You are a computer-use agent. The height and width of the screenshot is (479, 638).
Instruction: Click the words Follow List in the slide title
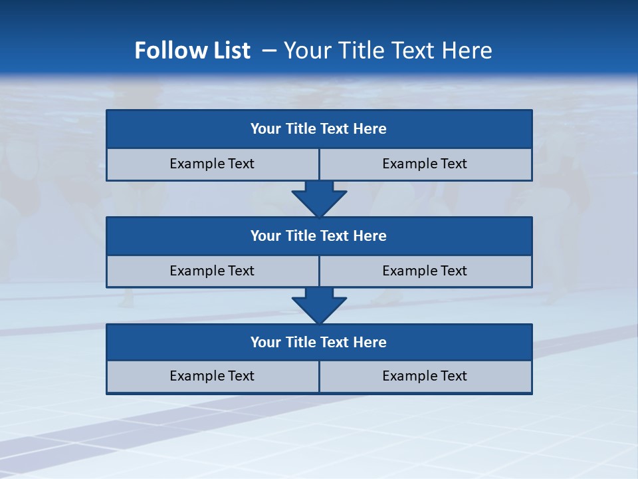tap(192, 51)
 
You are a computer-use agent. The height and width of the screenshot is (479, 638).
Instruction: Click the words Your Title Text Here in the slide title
tap(387, 51)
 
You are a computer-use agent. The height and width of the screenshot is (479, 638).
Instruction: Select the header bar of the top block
tap(319, 129)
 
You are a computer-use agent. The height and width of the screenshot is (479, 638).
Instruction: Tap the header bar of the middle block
tap(319, 236)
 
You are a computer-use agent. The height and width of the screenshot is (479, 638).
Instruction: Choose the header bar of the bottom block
tap(319, 342)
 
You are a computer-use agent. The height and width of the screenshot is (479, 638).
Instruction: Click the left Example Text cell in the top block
tap(212, 164)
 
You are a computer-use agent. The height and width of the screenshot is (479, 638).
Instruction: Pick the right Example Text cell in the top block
tap(425, 164)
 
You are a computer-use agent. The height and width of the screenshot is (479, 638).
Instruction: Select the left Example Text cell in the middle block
tap(212, 271)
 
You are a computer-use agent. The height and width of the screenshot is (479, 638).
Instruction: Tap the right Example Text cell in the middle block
tap(425, 271)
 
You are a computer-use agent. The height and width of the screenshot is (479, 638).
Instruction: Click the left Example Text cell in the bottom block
tap(212, 376)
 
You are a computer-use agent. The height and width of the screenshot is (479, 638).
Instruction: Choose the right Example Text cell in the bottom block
tap(425, 376)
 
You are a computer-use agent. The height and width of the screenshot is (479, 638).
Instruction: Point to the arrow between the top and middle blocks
tap(319, 199)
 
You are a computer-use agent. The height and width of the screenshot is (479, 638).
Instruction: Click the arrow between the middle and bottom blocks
tap(319, 305)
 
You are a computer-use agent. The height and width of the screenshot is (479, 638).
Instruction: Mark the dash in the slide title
tap(269, 51)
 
